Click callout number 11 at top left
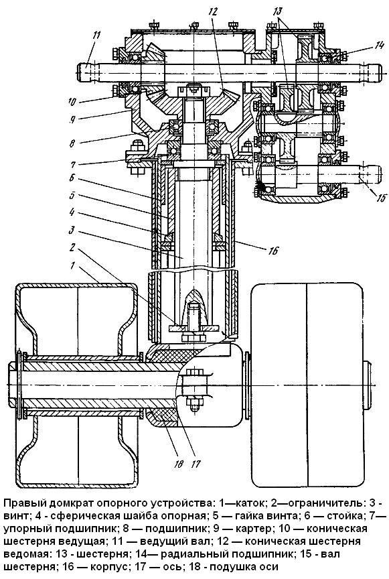click(x=96, y=36)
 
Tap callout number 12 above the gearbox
click(x=213, y=11)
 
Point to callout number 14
click(x=379, y=46)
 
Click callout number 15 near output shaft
click(x=381, y=198)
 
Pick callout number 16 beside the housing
click(x=273, y=251)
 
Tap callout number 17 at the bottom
click(x=196, y=464)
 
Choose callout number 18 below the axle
click(x=178, y=464)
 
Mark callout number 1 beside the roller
click(x=73, y=266)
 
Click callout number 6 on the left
click(x=72, y=178)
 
